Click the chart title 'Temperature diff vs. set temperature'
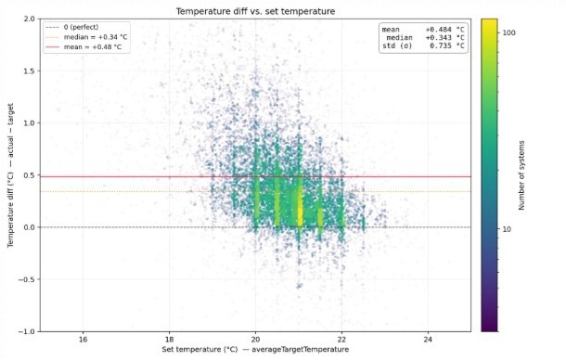(x=255, y=11)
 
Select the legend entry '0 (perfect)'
(x=81, y=27)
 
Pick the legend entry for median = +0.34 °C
(x=96, y=37)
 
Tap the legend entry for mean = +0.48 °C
(x=93, y=47)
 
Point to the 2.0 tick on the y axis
(x=30, y=19)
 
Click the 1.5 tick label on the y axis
(x=30, y=71)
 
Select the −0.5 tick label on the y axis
(x=27, y=279)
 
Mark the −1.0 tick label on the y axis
(x=27, y=331)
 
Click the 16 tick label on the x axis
(x=83, y=340)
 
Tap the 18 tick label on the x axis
(x=169, y=340)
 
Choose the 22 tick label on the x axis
(x=341, y=340)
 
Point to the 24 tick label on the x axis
(x=428, y=340)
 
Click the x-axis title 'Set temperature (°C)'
(x=199, y=350)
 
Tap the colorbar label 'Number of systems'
(x=521, y=175)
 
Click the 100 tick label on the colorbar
(x=509, y=32)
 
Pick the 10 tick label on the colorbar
(x=507, y=229)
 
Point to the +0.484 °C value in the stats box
(x=444, y=30)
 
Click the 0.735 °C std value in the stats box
(x=447, y=45)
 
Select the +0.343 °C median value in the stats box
(x=444, y=38)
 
